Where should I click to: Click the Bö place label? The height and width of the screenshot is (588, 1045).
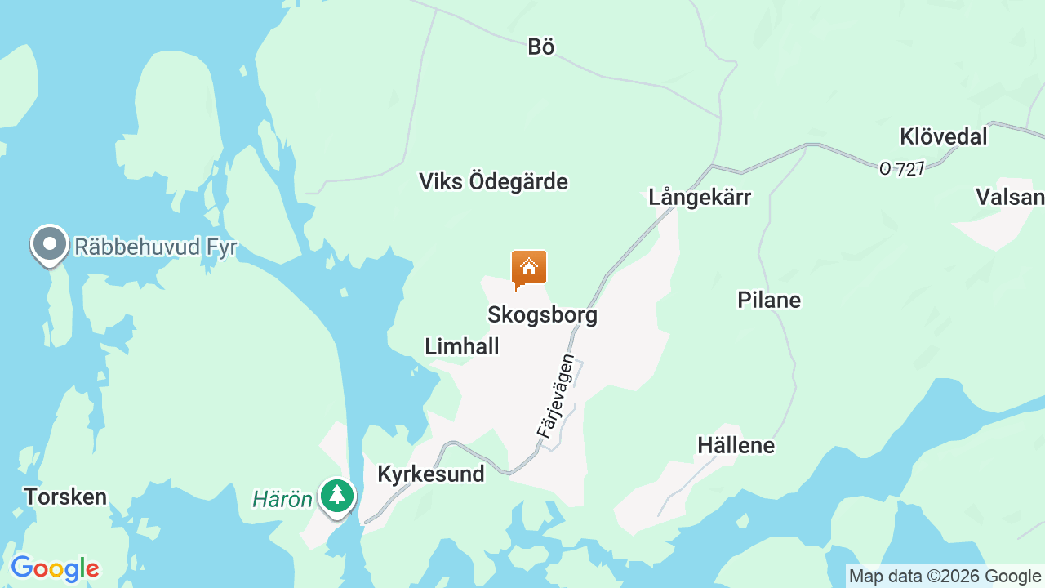540,47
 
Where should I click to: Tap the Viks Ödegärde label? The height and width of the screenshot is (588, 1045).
493,181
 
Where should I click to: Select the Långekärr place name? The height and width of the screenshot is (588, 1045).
700,197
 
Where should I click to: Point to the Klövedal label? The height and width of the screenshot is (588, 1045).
943,136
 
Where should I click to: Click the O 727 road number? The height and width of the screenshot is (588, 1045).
901,169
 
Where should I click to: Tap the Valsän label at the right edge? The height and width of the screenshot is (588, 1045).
1011,197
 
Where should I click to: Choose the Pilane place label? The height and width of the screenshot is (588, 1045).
768,300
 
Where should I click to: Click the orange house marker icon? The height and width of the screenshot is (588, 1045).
529,269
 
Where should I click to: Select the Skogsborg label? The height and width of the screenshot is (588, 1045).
542,314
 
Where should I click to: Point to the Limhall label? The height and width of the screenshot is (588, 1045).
461,346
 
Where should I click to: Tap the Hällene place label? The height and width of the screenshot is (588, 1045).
736,445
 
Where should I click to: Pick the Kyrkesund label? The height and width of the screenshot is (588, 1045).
430,474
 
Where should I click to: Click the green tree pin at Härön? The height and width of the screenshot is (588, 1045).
336,496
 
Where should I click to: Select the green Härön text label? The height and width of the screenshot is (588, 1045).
282,499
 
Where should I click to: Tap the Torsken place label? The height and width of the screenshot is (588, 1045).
65,497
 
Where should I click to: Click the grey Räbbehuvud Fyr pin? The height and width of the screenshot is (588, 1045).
50,244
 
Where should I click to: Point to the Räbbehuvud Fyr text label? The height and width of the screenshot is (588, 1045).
155,247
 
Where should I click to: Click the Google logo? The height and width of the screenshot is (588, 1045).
55,568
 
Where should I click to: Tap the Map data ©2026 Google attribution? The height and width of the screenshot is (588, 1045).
945,577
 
